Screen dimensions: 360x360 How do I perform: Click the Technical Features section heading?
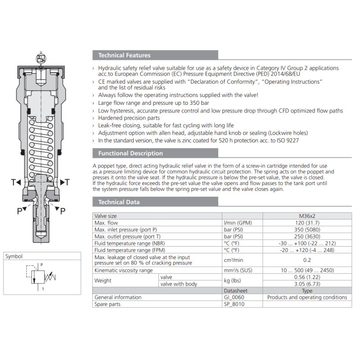pos(125,55)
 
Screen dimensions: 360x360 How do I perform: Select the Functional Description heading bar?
pos(130,153)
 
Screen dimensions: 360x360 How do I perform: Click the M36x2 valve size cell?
pos(307,216)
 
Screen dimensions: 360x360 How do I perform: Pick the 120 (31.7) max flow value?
pos(307,223)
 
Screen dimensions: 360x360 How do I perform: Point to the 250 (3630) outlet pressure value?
pos(307,237)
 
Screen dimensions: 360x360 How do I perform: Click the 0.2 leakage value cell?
pos(307,260)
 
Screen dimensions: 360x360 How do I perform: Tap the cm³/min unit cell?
pos(234,260)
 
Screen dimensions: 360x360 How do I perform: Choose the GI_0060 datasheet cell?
pos(236,297)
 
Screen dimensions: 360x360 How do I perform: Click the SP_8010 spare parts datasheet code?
pos(236,304)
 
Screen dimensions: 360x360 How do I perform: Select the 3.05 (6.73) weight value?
pos(307,284)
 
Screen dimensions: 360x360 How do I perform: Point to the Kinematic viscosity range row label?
pos(123,270)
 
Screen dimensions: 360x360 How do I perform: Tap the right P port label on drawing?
pos(63,211)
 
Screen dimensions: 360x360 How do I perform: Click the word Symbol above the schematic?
pos(14,256)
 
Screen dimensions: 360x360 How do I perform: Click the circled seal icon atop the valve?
pos(41,58)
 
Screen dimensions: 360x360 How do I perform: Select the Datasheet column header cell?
pos(236,291)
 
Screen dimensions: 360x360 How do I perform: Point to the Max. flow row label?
pos(106,223)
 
